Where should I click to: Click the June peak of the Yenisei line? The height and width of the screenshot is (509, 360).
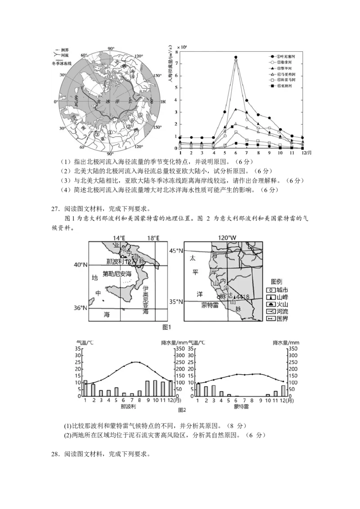click(235, 57)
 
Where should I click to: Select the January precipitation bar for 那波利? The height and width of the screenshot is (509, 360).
click(85, 388)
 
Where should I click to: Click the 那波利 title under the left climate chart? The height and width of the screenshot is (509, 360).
click(129, 406)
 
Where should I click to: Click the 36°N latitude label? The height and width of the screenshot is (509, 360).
click(80, 308)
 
